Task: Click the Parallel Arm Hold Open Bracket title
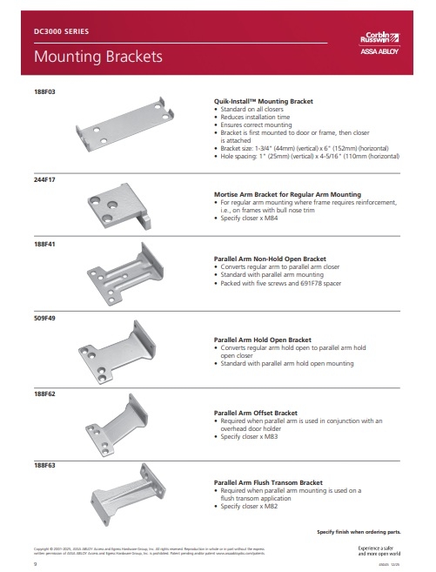[x=262, y=340]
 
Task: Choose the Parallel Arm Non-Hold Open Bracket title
[x=270, y=259]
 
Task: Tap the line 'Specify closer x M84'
[x=252, y=217]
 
